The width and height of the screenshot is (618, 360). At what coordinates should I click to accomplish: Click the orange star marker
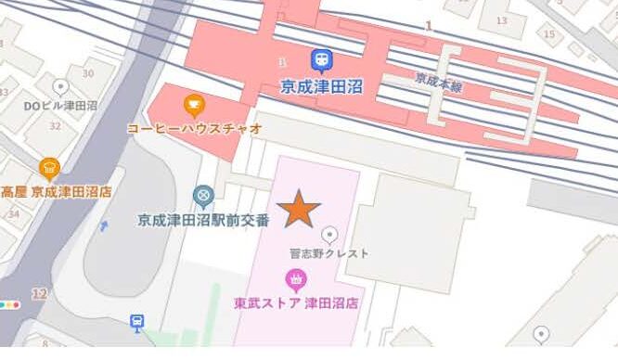point(298,209)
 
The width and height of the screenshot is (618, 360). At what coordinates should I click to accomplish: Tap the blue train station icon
point(321,60)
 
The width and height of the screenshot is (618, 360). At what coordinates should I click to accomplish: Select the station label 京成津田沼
point(321,85)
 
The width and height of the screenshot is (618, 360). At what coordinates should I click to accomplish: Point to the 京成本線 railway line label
point(439,82)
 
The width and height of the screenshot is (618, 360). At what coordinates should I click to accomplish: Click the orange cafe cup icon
point(193,102)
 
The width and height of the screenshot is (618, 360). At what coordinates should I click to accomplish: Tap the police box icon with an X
point(203,195)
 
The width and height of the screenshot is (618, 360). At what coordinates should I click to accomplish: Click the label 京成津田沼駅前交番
point(203,220)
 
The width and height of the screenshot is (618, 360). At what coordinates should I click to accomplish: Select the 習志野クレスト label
point(328,252)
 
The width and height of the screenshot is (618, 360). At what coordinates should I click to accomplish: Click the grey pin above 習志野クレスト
point(328,234)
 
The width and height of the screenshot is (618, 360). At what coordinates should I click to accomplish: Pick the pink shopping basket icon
point(296,277)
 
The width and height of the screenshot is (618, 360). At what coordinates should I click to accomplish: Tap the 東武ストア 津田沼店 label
point(296,302)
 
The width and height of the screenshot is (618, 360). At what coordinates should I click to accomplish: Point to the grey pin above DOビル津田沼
point(60,87)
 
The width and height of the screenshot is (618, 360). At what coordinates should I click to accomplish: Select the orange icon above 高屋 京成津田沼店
point(49,168)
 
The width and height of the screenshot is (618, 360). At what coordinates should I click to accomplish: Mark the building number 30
point(87,73)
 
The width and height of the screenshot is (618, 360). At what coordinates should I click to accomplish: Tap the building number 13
point(502,20)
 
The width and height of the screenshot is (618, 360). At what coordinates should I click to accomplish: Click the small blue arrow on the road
point(104,225)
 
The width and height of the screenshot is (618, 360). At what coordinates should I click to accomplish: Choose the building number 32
point(54,127)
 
